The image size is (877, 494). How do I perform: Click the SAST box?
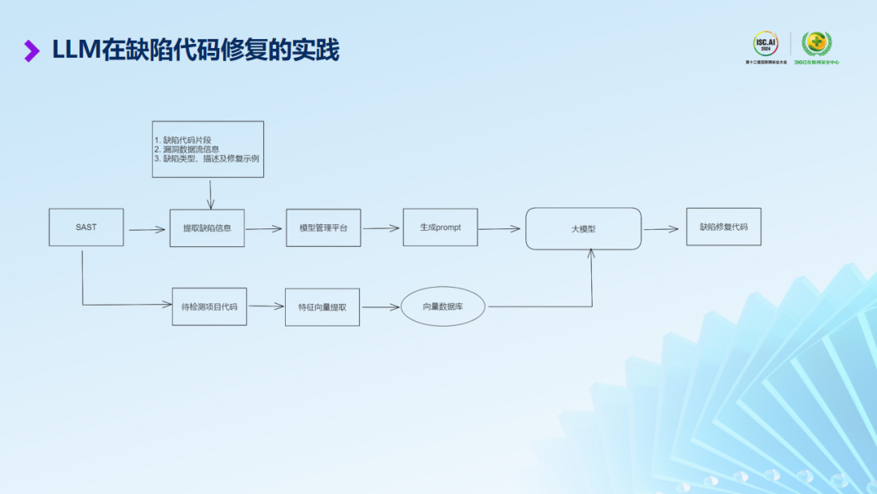[x=86, y=227]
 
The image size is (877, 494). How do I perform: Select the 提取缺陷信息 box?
[x=207, y=228]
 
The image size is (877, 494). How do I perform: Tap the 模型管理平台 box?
[x=323, y=227]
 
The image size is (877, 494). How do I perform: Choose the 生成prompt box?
[x=440, y=227]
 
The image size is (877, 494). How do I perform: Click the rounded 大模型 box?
[x=583, y=229]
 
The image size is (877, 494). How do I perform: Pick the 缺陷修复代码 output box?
[x=724, y=227]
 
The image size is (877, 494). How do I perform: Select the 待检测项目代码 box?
[x=210, y=306]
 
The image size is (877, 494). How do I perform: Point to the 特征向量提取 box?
[x=322, y=307]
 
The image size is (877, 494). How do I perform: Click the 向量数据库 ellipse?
[x=443, y=306]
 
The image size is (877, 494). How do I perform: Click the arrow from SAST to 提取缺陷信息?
[x=147, y=230]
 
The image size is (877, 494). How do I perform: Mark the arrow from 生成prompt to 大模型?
[x=499, y=229]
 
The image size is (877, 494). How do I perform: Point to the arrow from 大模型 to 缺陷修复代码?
[x=661, y=229]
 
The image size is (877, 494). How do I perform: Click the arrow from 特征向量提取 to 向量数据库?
[x=380, y=307]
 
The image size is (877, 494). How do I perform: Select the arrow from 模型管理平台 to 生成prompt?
[x=382, y=228]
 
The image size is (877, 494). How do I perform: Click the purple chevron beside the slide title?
[x=32, y=51]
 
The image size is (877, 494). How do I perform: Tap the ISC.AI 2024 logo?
[x=765, y=44]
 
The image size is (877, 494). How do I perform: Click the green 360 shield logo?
[x=816, y=43]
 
